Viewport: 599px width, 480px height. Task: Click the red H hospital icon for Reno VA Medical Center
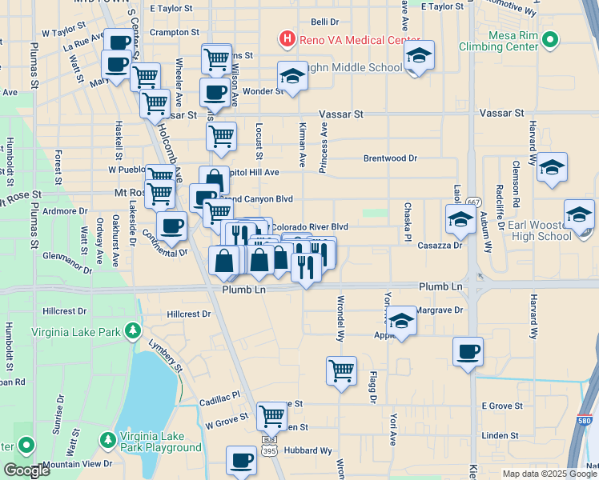point(287,38)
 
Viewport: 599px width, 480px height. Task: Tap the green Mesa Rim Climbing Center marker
point(550,39)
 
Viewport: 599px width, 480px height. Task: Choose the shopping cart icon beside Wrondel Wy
point(341,370)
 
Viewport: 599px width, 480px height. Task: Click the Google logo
point(27,470)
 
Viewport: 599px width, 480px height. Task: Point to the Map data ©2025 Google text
point(549,474)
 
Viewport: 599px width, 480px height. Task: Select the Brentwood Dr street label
point(390,158)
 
